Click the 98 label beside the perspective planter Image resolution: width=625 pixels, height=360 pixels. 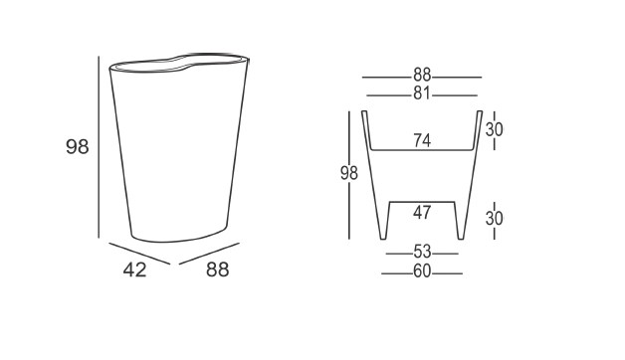coord(78,146)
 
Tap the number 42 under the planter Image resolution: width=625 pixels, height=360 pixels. coord(134,270)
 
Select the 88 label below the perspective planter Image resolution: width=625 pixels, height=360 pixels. coord(218,270)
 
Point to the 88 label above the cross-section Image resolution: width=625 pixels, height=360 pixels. coord(422,75)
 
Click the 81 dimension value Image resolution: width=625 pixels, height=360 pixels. coord(422,93)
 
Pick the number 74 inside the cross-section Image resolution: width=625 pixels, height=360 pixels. coord(422,140)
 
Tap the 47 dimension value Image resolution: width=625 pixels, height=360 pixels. coord(422,213)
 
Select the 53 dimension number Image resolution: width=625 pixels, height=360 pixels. coord(422,252)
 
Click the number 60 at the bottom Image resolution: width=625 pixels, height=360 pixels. coord(422,271)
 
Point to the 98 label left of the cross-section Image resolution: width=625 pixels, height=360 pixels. coord(349,173)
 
